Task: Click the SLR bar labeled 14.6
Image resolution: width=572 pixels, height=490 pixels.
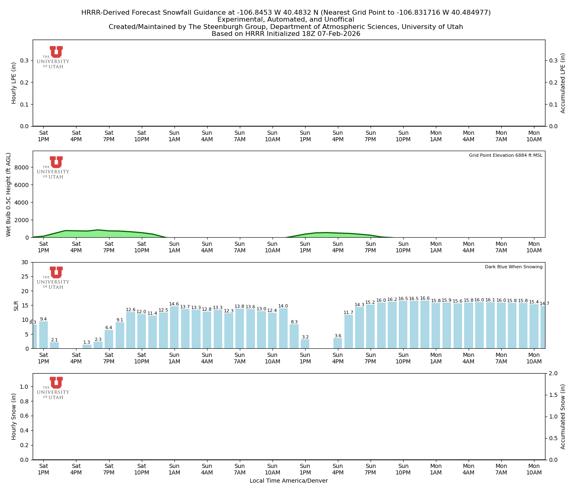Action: click(174, 327)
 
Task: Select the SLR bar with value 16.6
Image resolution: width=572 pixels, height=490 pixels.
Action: click(425, 324)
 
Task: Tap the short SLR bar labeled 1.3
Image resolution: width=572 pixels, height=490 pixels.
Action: click(87, 346)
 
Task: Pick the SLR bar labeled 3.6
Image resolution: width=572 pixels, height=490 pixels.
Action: click(337, 343)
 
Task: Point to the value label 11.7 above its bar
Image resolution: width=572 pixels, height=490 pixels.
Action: click(349, 313)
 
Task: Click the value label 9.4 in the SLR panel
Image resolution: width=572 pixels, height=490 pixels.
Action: click(43, 319)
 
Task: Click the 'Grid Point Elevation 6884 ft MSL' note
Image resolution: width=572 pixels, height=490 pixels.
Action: click(505, 155)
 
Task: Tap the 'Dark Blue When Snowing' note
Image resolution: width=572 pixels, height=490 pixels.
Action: click(514, 267)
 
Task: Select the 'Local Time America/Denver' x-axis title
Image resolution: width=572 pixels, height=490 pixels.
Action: click(288, 481)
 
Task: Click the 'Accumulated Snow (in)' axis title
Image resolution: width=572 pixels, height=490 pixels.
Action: click(563, 416)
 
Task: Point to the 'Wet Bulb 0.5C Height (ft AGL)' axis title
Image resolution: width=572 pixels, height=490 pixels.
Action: click(9, 194)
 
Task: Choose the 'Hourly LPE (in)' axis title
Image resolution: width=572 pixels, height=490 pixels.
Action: click(14, 83)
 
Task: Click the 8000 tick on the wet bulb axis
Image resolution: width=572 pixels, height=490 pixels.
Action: click(22, 167)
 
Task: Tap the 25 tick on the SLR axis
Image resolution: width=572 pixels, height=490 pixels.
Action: click(27, 276)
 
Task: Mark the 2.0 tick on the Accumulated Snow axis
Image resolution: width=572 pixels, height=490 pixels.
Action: click(552, 374)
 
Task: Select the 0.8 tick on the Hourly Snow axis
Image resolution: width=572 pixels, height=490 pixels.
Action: click(25, 401)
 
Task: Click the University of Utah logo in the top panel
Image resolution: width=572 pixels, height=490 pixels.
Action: click(53, 57)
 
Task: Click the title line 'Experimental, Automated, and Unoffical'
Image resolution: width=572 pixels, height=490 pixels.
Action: click(286, 20)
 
